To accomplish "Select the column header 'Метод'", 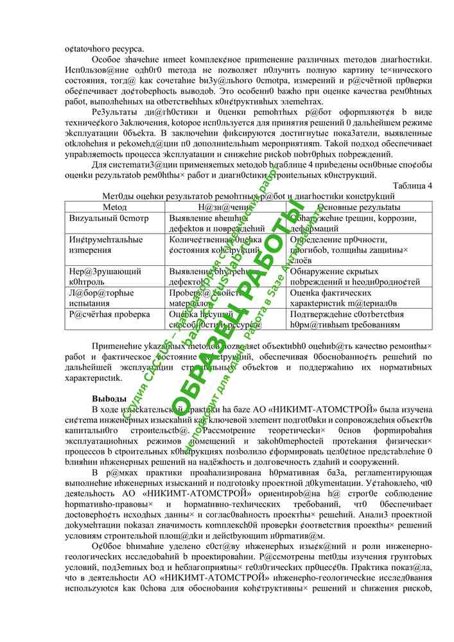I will point(115,207).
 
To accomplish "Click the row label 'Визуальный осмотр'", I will point(109,218).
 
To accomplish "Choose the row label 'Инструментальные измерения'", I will point(106,245).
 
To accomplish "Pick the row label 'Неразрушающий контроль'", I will point(105,276).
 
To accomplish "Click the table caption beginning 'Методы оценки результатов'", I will point(248,196).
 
